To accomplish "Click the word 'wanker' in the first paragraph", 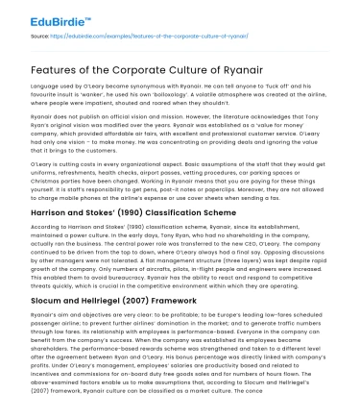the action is tap(101, 96).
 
